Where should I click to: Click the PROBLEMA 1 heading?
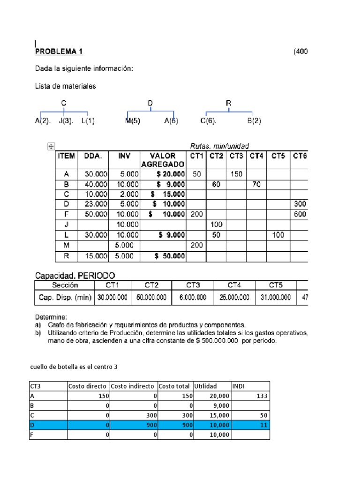pyautogui.click(x=59, y=52)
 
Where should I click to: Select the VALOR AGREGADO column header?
pyautogui.click(x=163, y=160)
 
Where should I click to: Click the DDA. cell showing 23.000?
pyautogui.click(x=95, y=204)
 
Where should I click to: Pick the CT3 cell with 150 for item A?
pyautogui.click(x=236, y=174)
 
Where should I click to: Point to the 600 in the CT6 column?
pyautogui.click(x=300, y=215)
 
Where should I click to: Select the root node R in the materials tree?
pyautogui.click(x=229, y=103)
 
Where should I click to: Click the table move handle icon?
pyautogui.click(x=52, y=147)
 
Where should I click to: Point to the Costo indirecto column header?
pyautogui.click(x=133, y=386)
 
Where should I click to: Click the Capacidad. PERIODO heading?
pyautogui.click(x=75, y=275)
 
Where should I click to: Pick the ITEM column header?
pyautogui.click(x=67, y=156)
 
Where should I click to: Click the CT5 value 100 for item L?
pyautogui.click(x=278, y=235)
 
